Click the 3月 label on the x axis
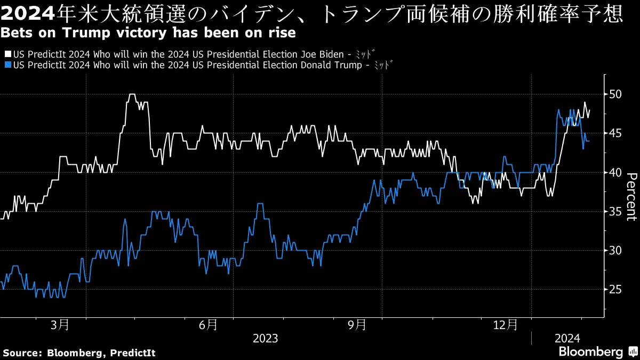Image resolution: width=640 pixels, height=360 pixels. click(60, 324)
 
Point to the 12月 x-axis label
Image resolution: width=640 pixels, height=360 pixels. click(505, 324)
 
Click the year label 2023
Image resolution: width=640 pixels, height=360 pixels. click(265, 338)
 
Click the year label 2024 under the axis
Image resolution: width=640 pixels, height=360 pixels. click(568, 338)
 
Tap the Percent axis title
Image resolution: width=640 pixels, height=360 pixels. click(630, 196)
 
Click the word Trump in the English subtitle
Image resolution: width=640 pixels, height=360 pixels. click(82, 33)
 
